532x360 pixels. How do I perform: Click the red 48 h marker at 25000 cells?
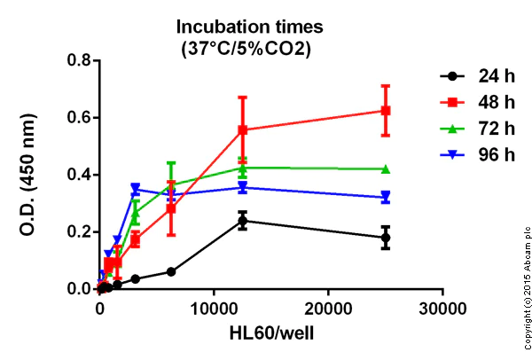pos(386,111)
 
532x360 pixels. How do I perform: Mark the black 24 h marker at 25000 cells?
pos(386,238)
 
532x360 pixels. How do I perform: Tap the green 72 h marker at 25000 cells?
pos(386,168)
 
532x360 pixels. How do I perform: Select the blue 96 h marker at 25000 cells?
pos(386,198)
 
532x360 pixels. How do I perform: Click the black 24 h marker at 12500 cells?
pos(242,220)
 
